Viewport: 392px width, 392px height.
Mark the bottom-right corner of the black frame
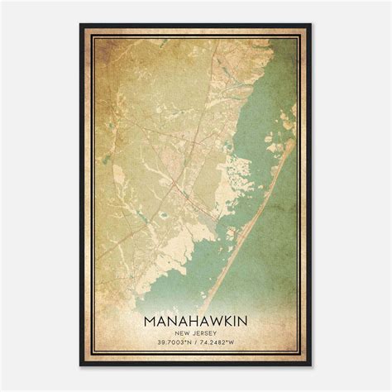point(312,366)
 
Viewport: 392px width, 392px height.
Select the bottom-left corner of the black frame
point(81,366)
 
